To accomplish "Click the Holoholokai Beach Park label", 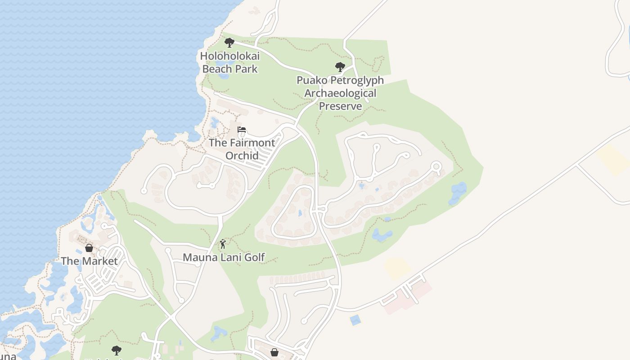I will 229,63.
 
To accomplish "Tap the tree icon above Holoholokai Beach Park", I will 229,43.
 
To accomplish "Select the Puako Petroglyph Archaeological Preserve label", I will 340,93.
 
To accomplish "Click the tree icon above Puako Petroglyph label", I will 340,67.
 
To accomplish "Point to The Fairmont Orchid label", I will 242,149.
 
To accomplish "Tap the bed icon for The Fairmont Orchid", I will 242,130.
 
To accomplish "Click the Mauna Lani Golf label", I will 224,257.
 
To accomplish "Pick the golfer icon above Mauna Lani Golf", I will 223,244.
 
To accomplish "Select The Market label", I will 89,261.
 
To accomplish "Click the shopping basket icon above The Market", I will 89,248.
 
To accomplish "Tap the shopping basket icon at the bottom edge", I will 274,352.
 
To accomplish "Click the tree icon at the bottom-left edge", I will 117,350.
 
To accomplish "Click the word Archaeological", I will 340,93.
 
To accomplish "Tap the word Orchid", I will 242,156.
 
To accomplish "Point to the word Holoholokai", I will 229,56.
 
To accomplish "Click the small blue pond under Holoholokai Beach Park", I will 222,75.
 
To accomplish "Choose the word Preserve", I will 340,106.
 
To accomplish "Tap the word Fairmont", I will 252,143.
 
